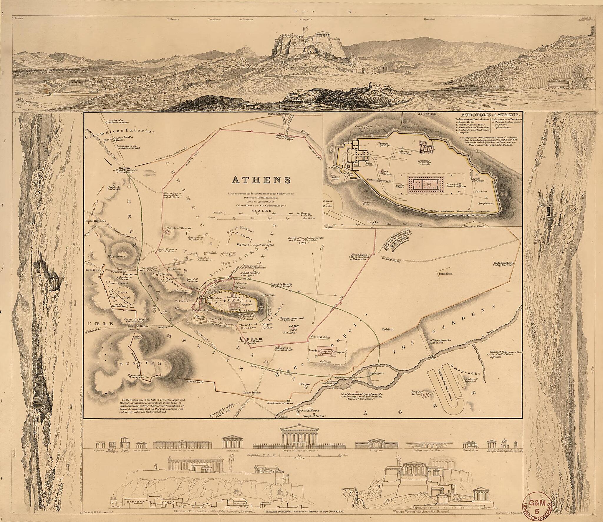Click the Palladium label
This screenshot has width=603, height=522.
[x=445, y=274]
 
